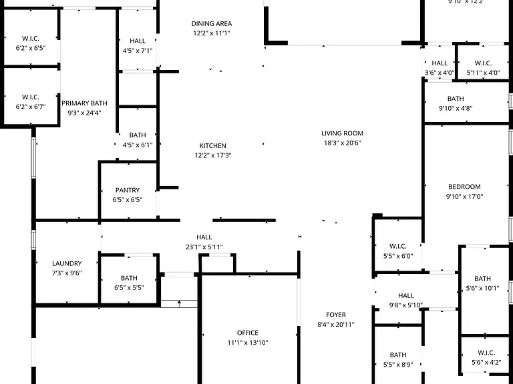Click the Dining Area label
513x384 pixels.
click(x=212, y=24)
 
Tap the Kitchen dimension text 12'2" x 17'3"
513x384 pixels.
click(x=213, y=155)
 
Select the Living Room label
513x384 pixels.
click(x=342, y=133)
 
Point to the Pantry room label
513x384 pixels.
click(x=128, y=190)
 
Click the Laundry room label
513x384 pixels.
click(x=67, y=263)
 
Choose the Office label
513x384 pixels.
click(x=248, y=333)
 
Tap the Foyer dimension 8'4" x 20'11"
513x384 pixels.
click(x=336, y=325)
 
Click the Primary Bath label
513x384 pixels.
click(x=84, y=103)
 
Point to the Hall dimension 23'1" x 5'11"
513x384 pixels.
click(x=204, y=247)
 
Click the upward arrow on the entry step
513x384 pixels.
click(x=179, y=304)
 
